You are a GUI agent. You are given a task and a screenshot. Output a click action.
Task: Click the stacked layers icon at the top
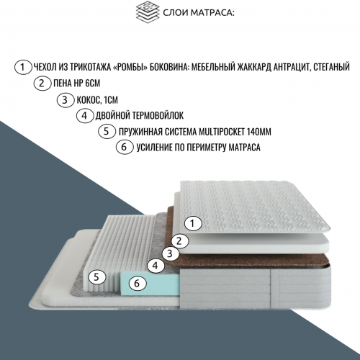coord(148,11)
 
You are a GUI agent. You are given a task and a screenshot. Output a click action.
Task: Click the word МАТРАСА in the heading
coord(212,13)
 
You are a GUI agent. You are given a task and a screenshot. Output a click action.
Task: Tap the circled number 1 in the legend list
coord(23,67)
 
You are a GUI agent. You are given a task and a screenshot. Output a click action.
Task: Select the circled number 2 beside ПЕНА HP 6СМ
coord(42,84)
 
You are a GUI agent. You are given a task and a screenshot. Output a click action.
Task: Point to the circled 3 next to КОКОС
coord(66,99)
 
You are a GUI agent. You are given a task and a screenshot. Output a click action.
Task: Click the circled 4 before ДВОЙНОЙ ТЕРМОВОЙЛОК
coord(85,116)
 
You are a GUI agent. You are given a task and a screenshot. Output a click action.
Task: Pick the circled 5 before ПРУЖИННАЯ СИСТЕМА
coord(107,132)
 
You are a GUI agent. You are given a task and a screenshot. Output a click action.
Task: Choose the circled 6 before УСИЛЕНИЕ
coord(125,148)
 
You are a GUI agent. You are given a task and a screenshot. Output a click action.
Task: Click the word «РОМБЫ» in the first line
coord(130,67)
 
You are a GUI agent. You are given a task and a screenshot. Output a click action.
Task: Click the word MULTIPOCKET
coord(220,132)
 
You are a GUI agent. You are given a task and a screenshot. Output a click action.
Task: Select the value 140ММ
coord(258,132)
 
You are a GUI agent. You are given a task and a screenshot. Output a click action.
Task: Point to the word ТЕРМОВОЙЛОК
coord(158,116)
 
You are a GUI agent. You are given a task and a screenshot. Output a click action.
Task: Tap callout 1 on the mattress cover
coord(193,224)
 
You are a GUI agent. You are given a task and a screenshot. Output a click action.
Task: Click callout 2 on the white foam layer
coord(180,240)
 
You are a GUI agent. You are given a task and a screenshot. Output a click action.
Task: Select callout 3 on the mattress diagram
coord(170,253)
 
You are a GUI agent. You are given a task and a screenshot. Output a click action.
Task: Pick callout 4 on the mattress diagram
coord(156,266)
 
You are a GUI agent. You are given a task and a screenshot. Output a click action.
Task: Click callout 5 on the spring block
coord(97,277)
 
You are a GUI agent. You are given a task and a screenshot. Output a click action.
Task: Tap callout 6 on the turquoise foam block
coord(138,283)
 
